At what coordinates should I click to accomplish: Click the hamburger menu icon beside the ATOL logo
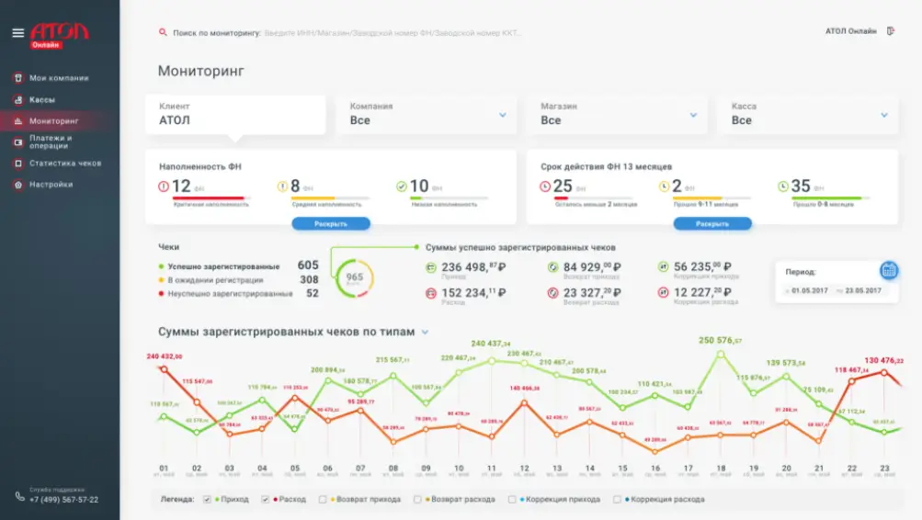pyautogui.click(x=17, y=33)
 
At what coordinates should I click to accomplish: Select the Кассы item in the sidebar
pyautogui.click(x=42, y=99)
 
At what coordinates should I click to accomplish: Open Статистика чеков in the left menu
pyautogui.click(x=64, y=164)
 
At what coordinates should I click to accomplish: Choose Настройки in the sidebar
pyautogui.click(x=51, y=185)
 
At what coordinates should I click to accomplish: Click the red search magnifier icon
pyautogui.click(x=164, y=33)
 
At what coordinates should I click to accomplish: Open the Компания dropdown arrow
pyautogui.click(x=503, y=115)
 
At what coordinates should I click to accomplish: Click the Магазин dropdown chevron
pyautogui.click(x=693, y=115)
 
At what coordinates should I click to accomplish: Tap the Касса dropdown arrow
pyautogui.click(x=883, y=115)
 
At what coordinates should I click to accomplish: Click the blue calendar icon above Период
pyautogui.click(x=888, y=270)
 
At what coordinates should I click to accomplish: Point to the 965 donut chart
pyautogui.click(x=354, y=277)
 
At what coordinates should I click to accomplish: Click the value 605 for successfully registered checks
pyautogui.click(x=308, y=266)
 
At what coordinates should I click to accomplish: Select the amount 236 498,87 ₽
pyautogui.click(x=473, y=267)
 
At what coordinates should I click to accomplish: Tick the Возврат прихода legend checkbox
pyautogui.click(x=323, y=500)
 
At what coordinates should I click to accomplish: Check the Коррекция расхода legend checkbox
pyautogui.click(x=618, y=500)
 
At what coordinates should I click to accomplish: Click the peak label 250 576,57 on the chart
pyautogui.click(x=721, y=341)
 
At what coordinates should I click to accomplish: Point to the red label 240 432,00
pyautogui.click(x=165, y=356)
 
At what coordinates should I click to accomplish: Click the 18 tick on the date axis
pyautogui.click(x=721, y=468)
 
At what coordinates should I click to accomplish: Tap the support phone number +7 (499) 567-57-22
pyautogui.click(x=63, y=500)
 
